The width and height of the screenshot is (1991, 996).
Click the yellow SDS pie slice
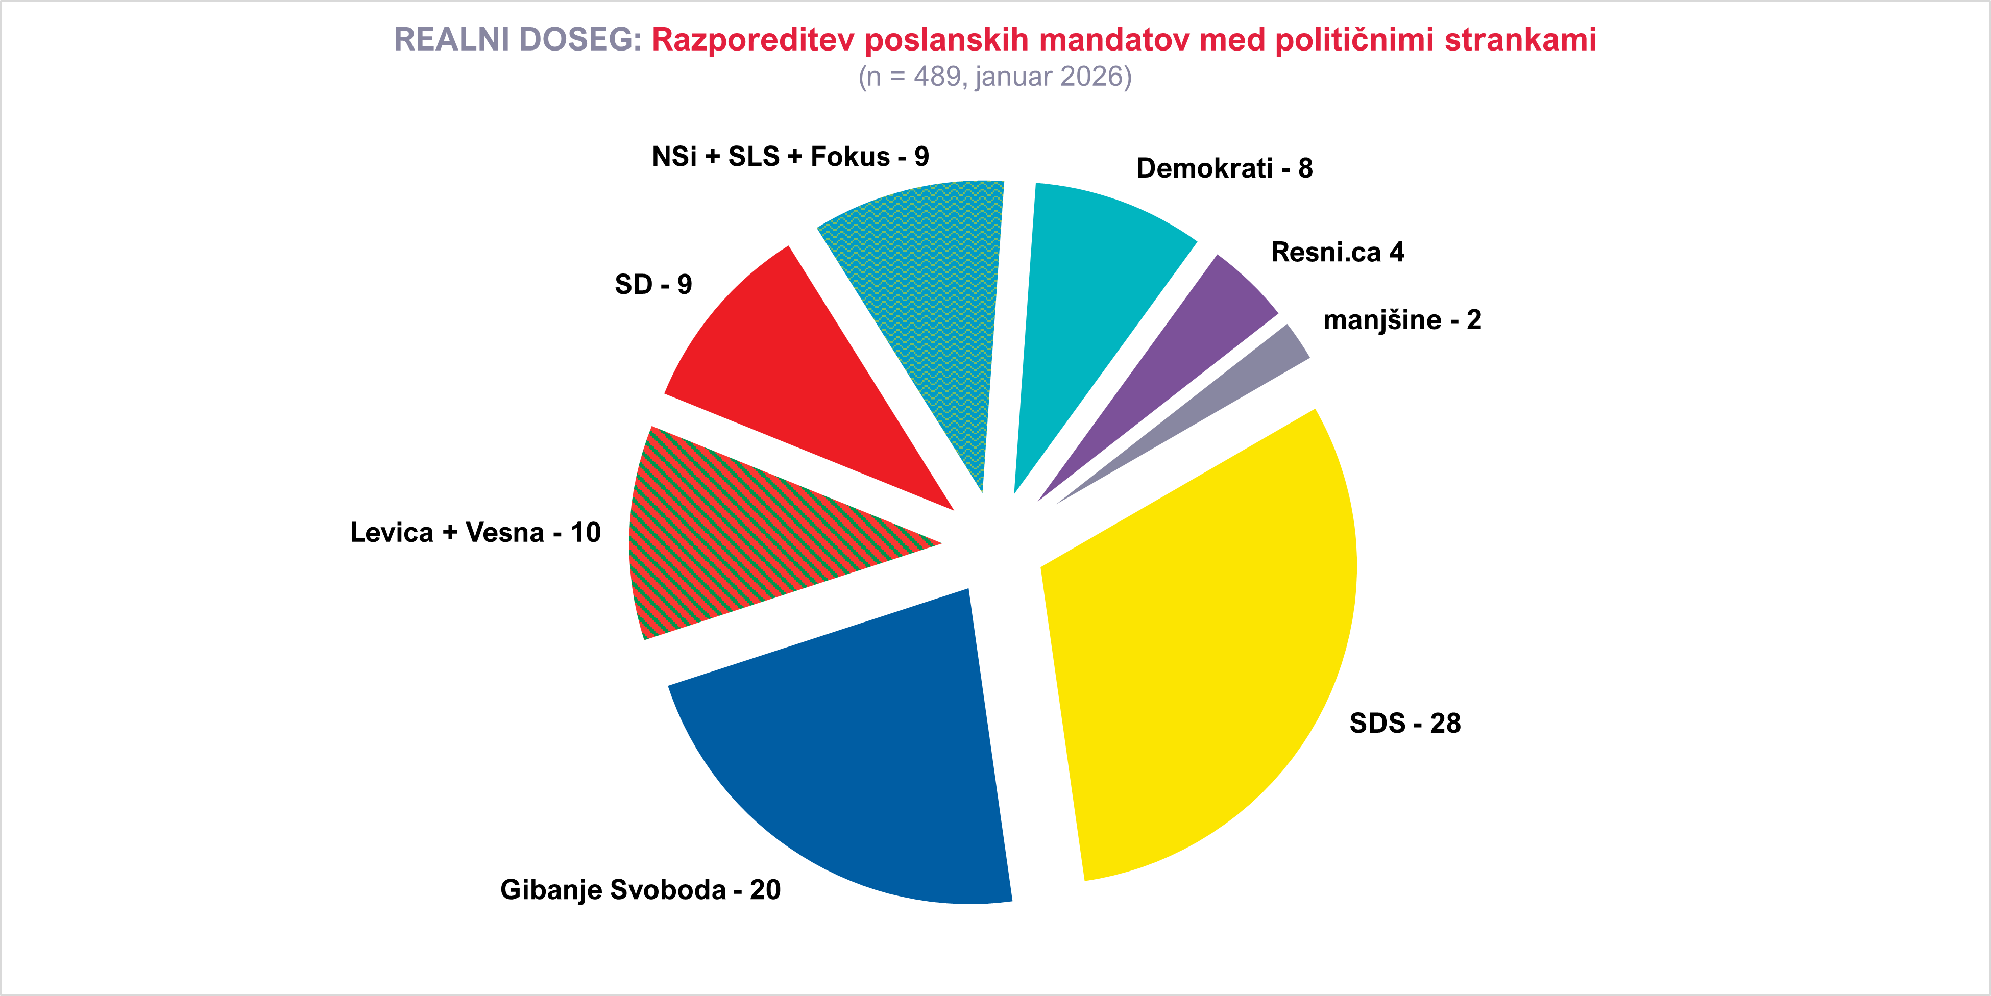coord(1206,657)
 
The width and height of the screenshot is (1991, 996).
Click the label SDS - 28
coord(1404,723)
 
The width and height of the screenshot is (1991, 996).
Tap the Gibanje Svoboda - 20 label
coord(640,889)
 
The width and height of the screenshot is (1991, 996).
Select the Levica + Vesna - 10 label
coord(475,532)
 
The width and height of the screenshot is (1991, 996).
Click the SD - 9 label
coord(653,284)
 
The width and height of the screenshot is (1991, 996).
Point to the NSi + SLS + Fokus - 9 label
coord(790,157)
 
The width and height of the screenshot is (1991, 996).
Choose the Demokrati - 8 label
coord(1224,168)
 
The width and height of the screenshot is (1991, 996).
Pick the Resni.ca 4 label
coord(1337,252)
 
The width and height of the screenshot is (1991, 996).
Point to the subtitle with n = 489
coord(994,77)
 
